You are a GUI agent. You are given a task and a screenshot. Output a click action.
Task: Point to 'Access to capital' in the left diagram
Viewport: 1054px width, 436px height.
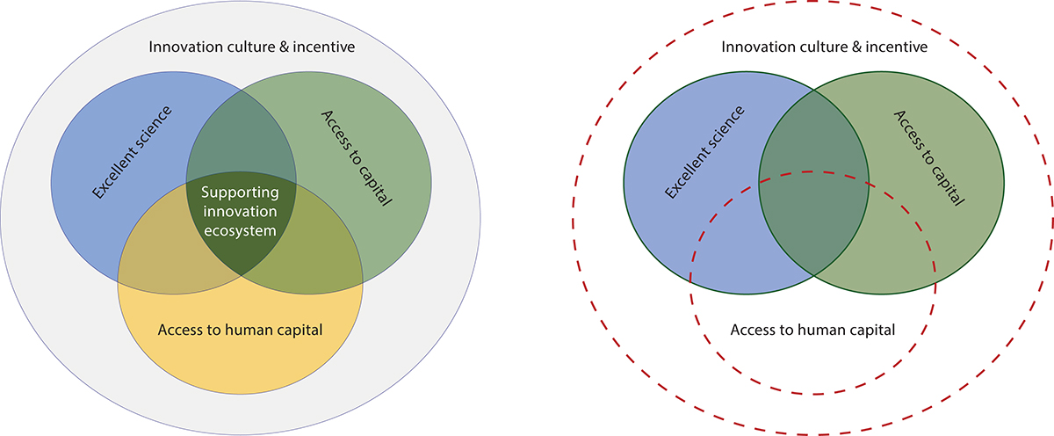pyautogui.click(x=356, y=157)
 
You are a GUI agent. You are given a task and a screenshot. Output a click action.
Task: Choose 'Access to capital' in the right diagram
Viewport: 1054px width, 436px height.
pyautogui.click(x=930, y=157)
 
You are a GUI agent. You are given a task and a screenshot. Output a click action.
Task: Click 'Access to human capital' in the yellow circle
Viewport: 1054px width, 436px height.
pyautogui.click(x=241, y=331)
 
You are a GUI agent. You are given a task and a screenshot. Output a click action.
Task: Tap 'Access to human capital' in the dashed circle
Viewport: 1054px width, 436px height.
pyautogui.click(x=812, y=331)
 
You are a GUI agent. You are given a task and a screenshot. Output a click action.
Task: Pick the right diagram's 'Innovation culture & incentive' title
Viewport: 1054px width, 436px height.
pyautogui.click(x=824, y=46)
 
